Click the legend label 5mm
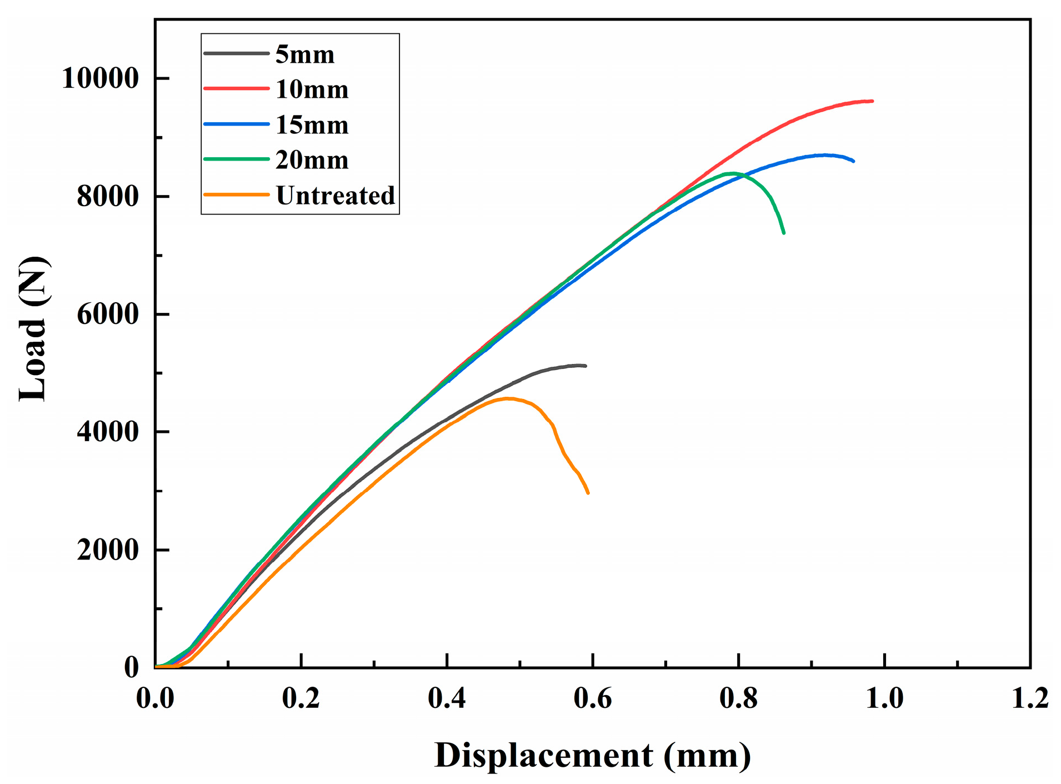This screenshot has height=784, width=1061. point(304,54)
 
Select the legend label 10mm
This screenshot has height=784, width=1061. point(312,89)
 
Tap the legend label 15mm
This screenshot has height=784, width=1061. point(312,125)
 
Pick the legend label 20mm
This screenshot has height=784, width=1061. point(312,160)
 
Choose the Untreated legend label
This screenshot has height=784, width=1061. point(336,196)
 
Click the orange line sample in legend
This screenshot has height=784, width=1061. point(236,195)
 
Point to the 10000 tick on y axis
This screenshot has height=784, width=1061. point(101,78)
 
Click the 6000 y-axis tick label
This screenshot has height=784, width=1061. point(108,314)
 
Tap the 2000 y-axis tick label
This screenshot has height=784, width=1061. point(108,550)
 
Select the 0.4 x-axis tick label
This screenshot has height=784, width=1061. point(447,698)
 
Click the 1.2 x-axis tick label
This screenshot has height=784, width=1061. point(1030,698)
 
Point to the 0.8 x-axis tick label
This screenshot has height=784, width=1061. point(738,698)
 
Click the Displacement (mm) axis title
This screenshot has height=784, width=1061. point(592,756)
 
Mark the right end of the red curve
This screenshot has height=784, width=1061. point(872,101)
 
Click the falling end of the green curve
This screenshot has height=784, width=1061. point(784,232)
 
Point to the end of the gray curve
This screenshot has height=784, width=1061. point(585,366)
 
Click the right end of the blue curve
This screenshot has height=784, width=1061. point(853,161)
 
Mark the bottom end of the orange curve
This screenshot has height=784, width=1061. point(588,492)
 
